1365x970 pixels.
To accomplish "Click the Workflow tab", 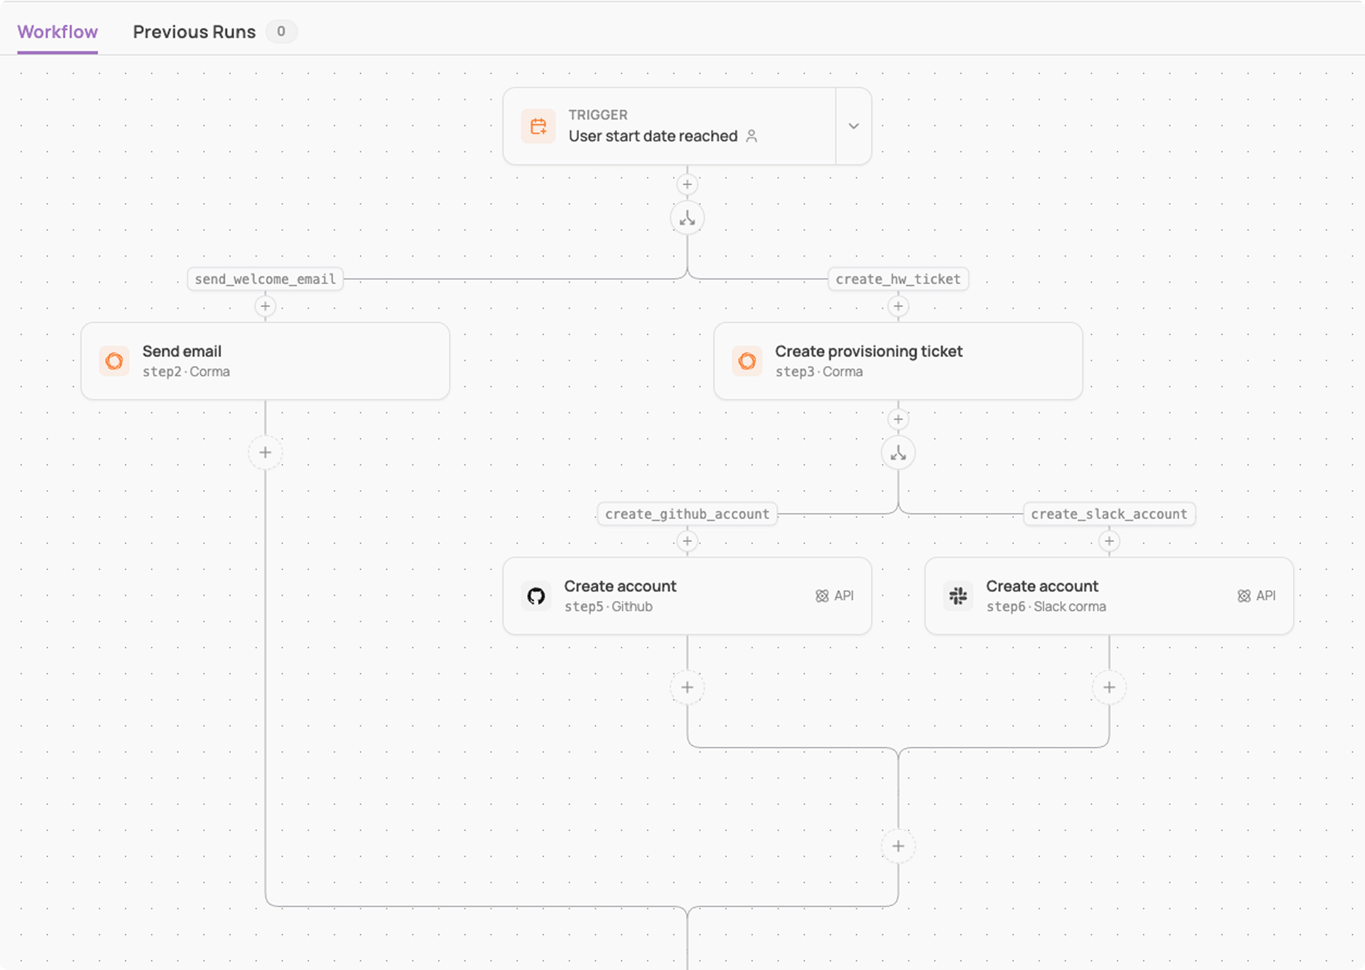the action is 57,32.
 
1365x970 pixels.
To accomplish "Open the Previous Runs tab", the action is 194,32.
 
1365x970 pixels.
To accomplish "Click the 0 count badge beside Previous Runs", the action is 281,31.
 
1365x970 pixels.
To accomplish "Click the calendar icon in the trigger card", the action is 538,126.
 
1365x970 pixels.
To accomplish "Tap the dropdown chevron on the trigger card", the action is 854,126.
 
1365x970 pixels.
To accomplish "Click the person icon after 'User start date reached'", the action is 752,136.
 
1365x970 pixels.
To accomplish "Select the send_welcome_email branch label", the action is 265,279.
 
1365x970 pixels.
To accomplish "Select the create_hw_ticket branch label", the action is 898,279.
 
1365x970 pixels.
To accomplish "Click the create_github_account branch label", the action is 687,514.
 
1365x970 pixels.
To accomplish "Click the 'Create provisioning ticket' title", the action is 869,351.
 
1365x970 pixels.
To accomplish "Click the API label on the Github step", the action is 835,595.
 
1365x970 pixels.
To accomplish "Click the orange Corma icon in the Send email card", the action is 114,361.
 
